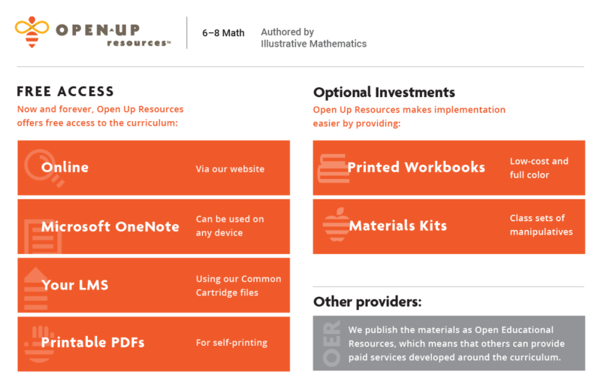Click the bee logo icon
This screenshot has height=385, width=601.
click(x=32, y=32)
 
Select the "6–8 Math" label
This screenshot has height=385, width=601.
click(x=223, y=33)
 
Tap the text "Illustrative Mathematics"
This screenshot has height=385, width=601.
click(x=313, y=44)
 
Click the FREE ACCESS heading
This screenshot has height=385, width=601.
click(x=65, y=91)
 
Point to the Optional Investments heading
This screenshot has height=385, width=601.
click(x=384, y=92)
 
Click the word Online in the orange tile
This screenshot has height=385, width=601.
click(x=65, y=167)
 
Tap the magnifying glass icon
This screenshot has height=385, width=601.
click(x=43, y=168)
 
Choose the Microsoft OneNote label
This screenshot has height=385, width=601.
click(x=110, y=226)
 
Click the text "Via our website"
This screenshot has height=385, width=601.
click(x=230, y=168)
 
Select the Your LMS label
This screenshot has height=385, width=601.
click(x=74, y=285)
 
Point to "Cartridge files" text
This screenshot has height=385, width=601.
click(x=227, y=293)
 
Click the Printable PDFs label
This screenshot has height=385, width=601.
click(x=92, y=342)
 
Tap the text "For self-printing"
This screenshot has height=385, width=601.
click(x=231, y=342)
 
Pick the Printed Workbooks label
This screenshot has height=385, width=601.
click(x=416, y=167)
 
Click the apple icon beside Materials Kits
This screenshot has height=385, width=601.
click(x=337, y=225)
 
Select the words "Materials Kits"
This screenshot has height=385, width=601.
click(x=398, y=226)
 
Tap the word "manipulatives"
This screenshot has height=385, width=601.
click(x=541, y=232)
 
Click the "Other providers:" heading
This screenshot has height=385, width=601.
click(x=367, y=302)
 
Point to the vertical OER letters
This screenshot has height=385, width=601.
click(x=331, y=343)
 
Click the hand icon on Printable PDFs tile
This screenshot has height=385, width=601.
click(x=40, y=344)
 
